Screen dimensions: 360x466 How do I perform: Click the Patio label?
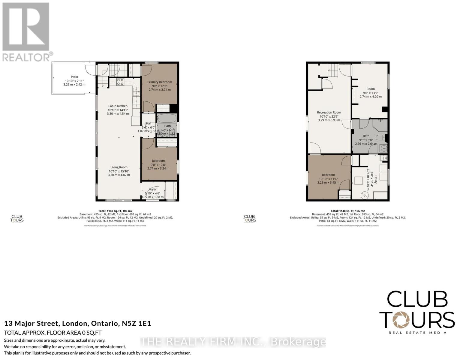coord(74,77)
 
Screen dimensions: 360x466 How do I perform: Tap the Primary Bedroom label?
coord(159,82)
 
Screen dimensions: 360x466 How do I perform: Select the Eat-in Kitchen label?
coord(118,106)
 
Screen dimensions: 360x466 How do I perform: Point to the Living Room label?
coord(119,167)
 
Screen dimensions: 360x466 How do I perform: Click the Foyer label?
coord(152,189)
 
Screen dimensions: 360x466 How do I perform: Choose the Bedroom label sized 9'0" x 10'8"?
coord(158,161)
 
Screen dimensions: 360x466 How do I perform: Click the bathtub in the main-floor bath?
coord(167,118)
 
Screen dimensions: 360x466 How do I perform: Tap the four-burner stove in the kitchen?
coord(120,82)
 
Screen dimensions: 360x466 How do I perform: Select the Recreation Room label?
coord(329,112)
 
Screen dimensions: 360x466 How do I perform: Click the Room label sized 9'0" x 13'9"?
coord(371,89)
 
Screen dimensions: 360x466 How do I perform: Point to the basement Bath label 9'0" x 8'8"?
coord(366,136)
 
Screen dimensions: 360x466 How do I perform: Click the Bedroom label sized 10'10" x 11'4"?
coord(328,175)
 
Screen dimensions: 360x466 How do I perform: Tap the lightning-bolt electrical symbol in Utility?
coord(365,195)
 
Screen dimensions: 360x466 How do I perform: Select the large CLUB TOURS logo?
coord(417,312)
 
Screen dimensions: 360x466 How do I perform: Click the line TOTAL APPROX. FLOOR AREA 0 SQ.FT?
coord(53,333)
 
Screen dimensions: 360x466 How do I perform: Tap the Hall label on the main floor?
coord(149,124)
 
